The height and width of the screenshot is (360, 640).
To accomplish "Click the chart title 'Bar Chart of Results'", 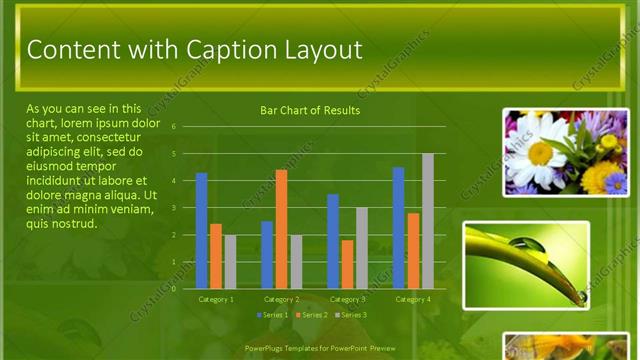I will (310, 110).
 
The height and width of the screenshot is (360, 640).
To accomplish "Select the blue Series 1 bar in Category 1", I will (201, 231).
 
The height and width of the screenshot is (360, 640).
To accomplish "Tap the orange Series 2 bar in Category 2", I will (281, 229).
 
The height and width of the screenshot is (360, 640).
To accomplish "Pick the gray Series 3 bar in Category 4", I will (428, 221).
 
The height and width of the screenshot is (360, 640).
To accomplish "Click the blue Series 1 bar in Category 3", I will (333, 241).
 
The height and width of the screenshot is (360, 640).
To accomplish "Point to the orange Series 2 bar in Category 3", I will (347, 264).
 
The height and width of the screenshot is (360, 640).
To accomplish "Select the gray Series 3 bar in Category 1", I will (230, 262).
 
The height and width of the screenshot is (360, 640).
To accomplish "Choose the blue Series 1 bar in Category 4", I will (399, 228).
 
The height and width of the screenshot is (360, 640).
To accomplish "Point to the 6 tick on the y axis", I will (173, 127).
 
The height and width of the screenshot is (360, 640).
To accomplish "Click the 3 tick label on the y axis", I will (173, 208).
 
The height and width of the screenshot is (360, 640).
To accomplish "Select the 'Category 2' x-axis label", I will (281, 299).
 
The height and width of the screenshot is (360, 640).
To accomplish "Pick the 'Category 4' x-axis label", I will (413, 299).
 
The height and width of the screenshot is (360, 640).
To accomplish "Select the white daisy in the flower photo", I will (539, 150).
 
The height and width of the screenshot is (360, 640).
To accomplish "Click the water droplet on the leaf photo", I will (530, 244).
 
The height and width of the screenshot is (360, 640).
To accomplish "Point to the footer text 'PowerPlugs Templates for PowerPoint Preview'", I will (320, 348).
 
